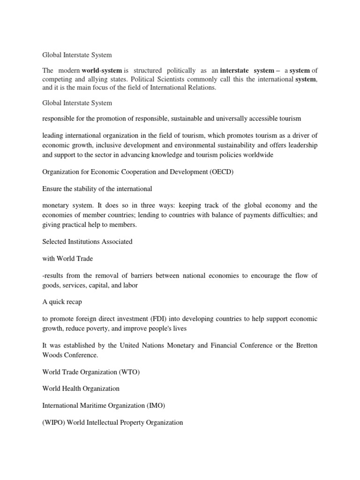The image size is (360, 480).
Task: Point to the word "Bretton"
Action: (x=305, y=345)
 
